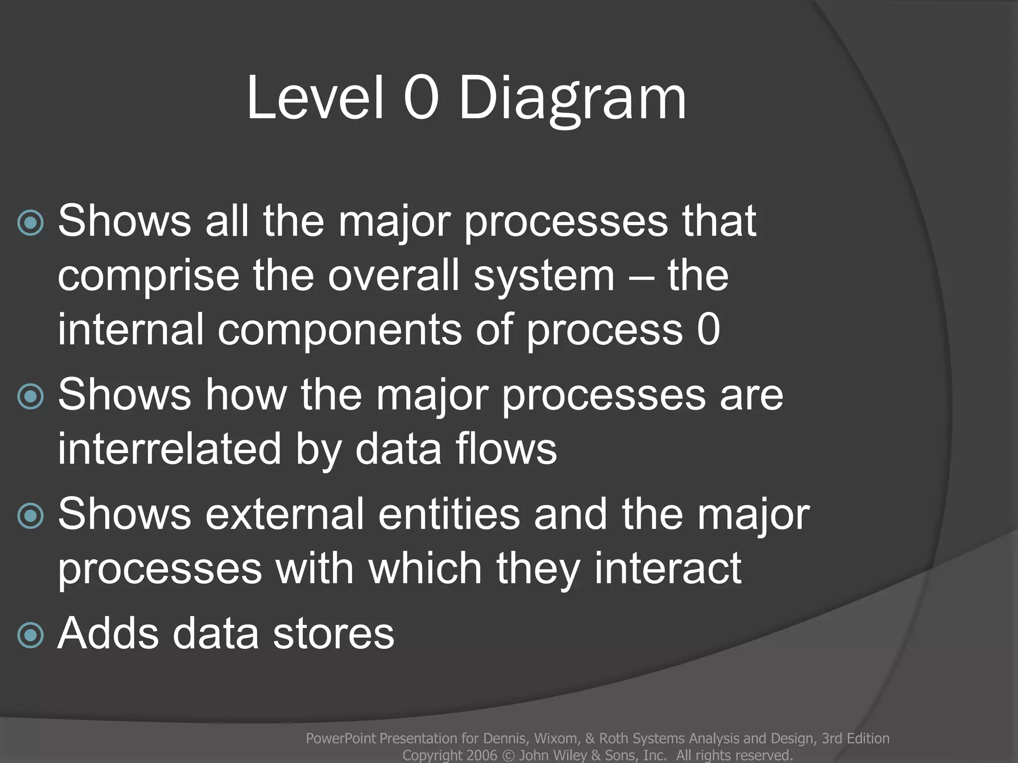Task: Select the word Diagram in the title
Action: (x=572, y=99)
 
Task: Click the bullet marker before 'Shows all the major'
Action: (x=30, y=223)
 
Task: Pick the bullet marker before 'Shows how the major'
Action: (x=30, y=396)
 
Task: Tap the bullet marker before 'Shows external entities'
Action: (x=30, y=516)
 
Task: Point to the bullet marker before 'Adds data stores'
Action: (x=30, y=635)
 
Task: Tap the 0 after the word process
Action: (x=708, y=330)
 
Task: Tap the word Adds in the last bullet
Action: (x=108, y=633)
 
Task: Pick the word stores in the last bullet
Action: (x=334, y=634)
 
